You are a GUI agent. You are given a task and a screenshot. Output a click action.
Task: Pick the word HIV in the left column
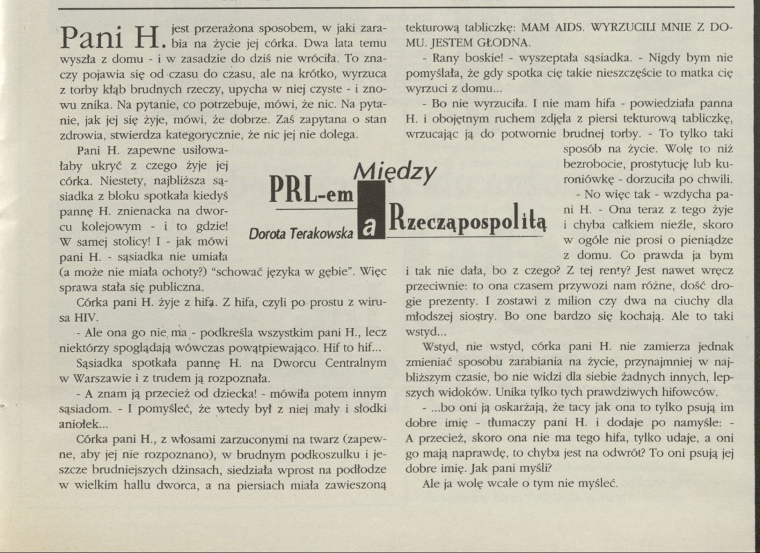[x=69, y=320]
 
